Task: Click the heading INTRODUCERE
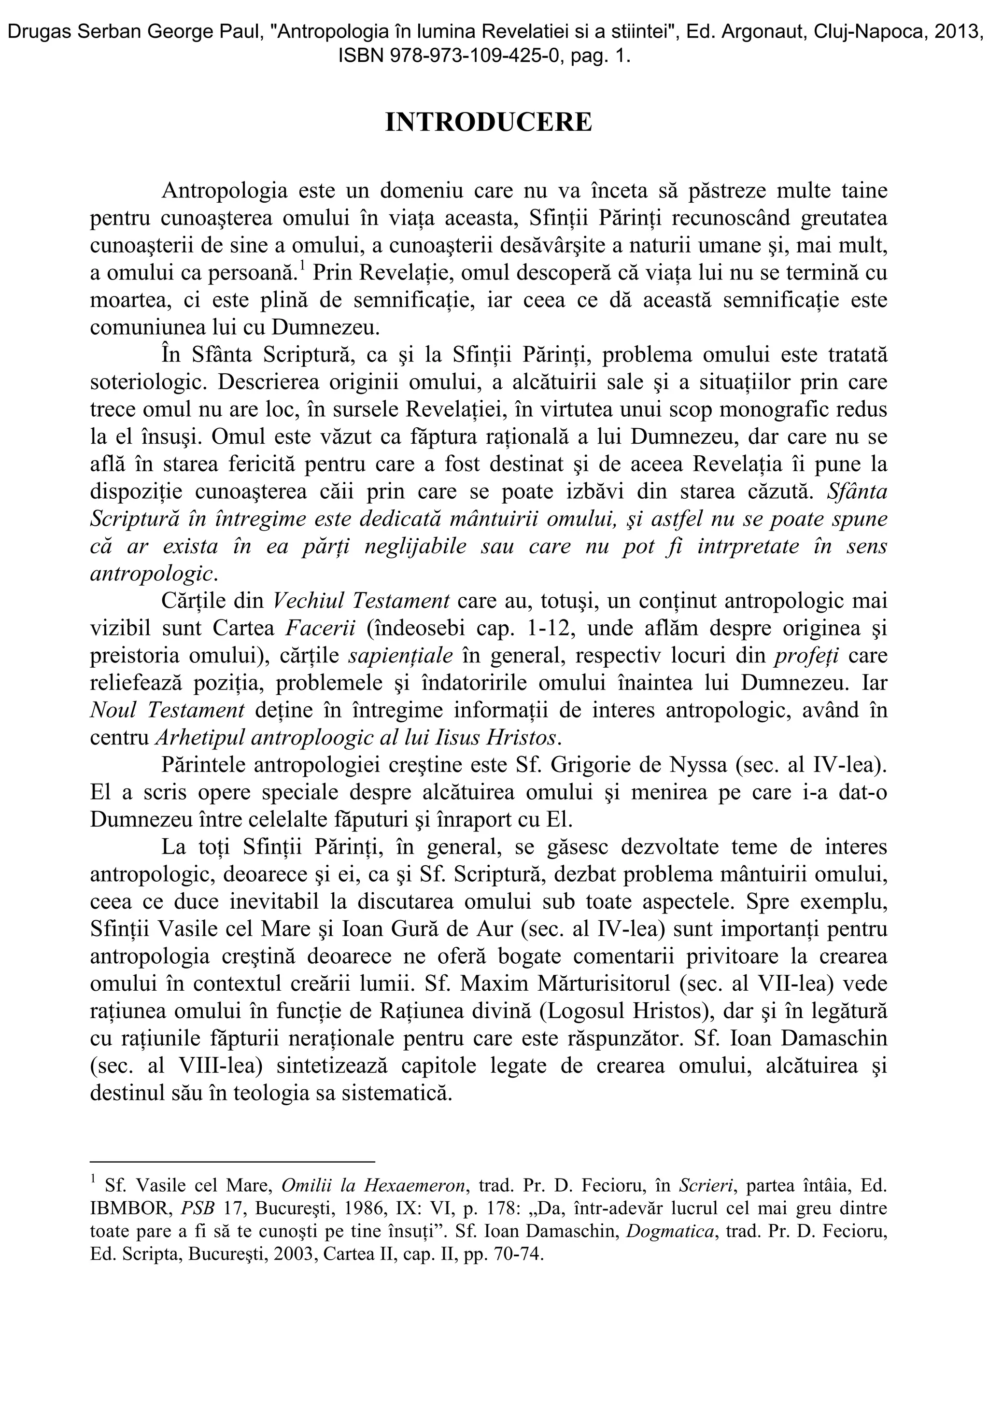click(x=488, y=123)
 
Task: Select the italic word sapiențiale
click(x=400, y=655)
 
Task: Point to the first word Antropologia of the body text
click(x=225, y=191)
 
